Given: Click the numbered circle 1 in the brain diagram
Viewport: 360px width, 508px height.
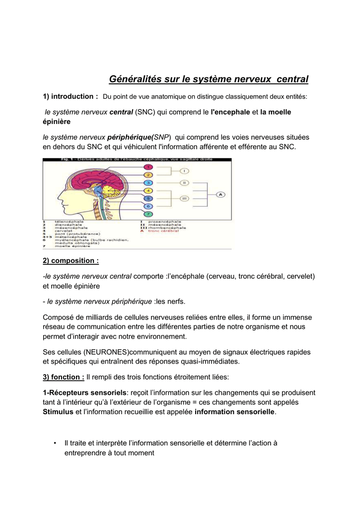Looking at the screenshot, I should point(147,167).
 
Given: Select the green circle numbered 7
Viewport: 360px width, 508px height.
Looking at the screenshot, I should point(147,214).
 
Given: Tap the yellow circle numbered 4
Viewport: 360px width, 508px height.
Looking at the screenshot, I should point(147,190).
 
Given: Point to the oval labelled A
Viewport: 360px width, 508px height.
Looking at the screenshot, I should point(221,194).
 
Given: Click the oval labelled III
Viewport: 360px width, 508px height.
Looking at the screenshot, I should point(184,198).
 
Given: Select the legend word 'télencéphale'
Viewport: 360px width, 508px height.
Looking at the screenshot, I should point(69,221).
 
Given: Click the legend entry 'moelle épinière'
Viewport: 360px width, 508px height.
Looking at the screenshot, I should point(70,246).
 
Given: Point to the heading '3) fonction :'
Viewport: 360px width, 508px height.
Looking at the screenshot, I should point(64,377).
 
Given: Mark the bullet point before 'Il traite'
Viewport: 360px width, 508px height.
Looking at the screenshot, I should point(54,443).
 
